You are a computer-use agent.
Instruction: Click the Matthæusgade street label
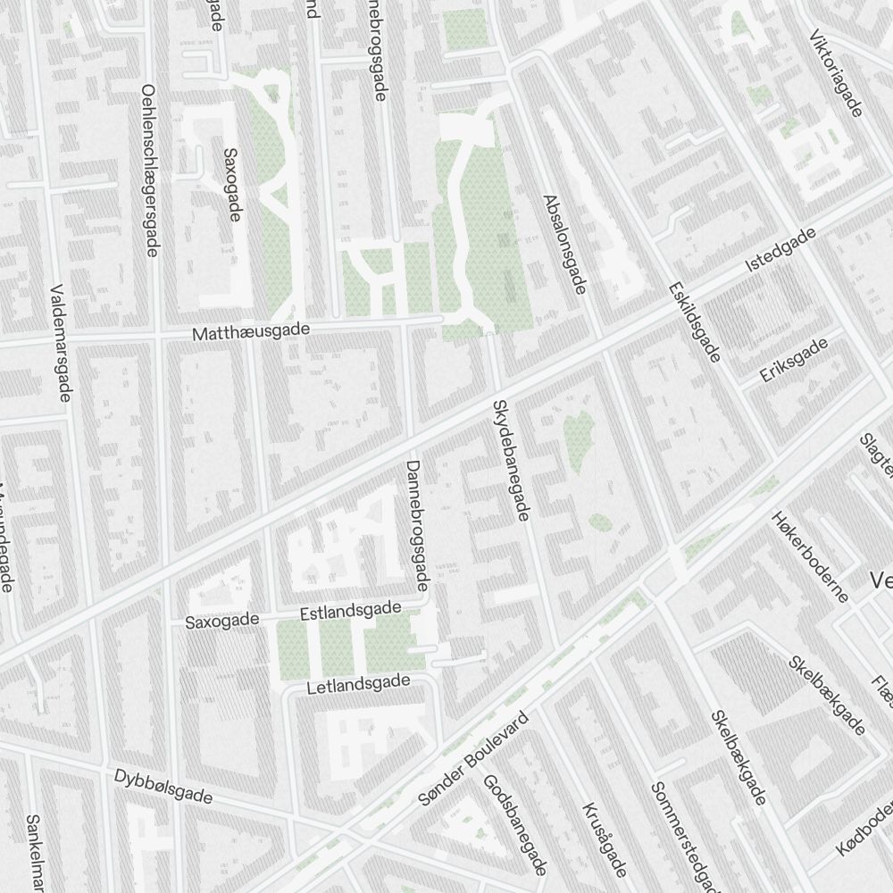(x=251, y=331)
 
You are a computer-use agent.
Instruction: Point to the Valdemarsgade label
(x=62, y=343)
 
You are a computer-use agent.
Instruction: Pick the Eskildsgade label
(x=693, y=322)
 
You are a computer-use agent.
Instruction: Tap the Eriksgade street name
(x=794, y=365)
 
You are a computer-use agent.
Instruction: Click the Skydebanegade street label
(x=512, y=460)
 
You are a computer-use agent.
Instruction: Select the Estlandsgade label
(x=350, y=612)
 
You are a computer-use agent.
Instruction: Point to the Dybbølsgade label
(x=163, y=786)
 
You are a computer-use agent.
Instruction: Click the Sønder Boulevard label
(x=473, y=759)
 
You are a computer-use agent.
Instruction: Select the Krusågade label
(x=605, y=839)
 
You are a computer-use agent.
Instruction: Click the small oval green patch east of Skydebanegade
(x=600, y=522)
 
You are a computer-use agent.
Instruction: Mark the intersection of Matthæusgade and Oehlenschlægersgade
(x=159, y=336)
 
